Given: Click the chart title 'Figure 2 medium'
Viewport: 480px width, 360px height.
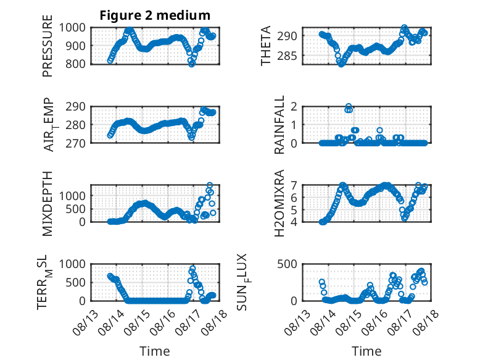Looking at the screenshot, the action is [155, 15].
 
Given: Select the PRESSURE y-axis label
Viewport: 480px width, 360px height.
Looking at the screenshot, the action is [48, 46].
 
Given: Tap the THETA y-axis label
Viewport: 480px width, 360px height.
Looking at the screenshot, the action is [266, 46].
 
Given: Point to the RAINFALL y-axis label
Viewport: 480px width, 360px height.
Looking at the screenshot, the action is [279, 125].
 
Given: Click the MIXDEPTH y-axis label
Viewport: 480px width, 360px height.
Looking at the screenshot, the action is [48, 203].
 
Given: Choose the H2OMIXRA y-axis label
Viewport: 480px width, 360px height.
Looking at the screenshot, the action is [279, 203].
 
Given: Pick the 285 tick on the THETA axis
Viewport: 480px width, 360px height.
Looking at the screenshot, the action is [287, 56].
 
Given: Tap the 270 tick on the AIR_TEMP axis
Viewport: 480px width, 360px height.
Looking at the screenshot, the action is [75, 143].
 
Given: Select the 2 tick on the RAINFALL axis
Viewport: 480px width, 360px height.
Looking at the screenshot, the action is [294, 107].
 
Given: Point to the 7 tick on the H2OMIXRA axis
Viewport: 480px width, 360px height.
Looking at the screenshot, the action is [294, 185].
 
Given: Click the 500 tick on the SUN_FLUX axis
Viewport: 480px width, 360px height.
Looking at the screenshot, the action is [287, 264].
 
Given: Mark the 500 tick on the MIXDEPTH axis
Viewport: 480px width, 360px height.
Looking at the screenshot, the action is [75, 209].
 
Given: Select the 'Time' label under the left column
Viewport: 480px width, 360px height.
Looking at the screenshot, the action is [155, 351].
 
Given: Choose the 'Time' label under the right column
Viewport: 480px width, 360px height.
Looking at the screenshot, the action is [366, 351].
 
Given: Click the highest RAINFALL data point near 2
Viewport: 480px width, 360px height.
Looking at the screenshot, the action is [349, 106].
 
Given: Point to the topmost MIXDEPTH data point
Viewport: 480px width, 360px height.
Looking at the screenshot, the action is [210, 185].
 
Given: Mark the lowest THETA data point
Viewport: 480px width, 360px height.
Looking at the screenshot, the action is [341, 64].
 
